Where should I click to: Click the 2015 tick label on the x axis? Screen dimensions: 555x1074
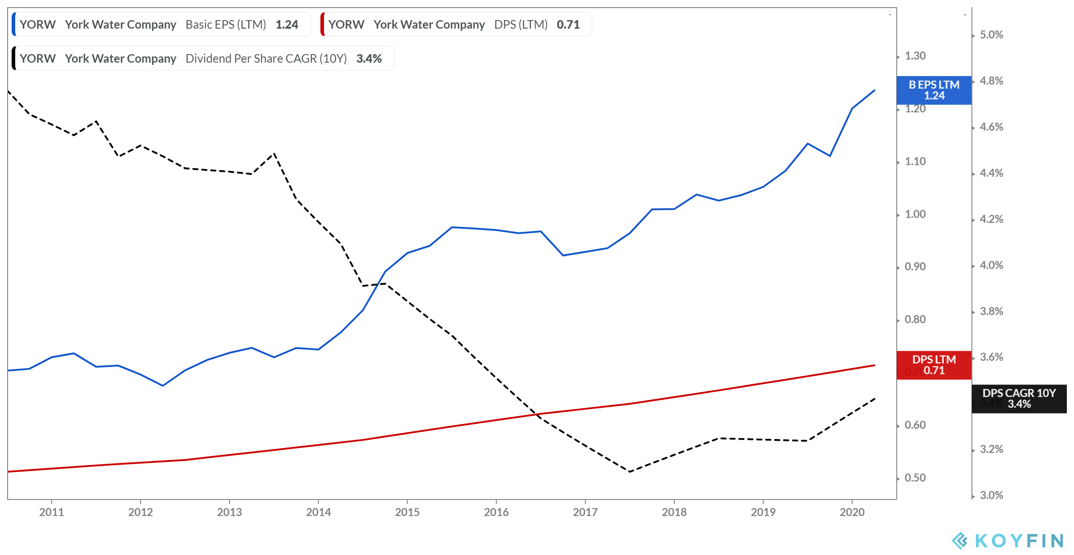(407, 512)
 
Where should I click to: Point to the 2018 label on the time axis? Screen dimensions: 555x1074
(674, 512)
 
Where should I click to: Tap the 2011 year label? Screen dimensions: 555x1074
(51, 512)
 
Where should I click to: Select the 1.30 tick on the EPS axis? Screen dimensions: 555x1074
(915, 56)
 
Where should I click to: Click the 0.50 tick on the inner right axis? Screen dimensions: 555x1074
(915, 478)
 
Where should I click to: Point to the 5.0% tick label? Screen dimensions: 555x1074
(991, 35)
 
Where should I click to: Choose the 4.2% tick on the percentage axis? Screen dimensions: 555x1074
(991, 219)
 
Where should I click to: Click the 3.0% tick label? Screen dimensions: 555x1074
(991, 495)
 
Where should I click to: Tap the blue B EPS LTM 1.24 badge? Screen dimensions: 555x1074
(934, 90)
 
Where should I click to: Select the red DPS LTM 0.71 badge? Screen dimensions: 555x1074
(934, 365)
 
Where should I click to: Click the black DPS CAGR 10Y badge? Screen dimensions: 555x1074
(1019, 398)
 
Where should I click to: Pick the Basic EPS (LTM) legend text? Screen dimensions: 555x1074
(226, 25)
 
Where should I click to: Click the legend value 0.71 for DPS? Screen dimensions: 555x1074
(568, 25)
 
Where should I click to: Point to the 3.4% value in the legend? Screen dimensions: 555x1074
(369, 59)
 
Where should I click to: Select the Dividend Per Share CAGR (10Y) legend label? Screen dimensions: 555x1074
(266, 59)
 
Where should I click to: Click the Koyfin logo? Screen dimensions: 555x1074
(1007, 541)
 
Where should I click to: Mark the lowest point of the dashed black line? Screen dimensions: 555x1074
(629, 472)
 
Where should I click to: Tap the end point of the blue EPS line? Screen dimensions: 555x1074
(874, 90)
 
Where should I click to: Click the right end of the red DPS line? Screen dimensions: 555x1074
(874, 365)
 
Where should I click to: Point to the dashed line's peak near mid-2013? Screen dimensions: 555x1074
(274, 154)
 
